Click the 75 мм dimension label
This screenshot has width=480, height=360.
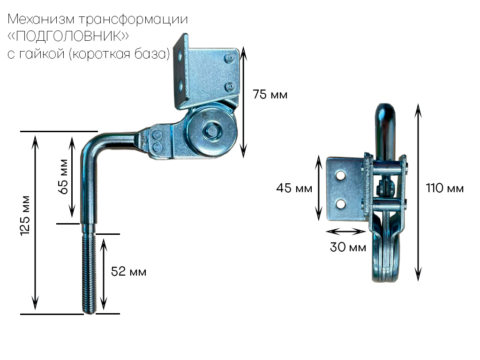270,95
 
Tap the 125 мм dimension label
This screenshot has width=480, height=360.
25,216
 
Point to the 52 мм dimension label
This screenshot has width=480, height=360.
128,271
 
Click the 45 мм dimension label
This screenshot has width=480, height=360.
294,188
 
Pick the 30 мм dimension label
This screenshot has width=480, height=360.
348,247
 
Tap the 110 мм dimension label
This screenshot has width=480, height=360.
445,188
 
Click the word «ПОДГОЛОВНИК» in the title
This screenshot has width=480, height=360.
68,36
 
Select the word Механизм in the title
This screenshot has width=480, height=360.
41,19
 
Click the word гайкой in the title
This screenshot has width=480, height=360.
42,54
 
